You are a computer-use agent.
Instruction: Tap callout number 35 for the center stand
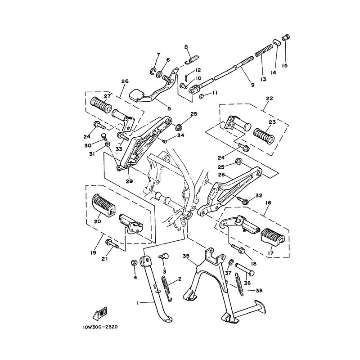pyautogui.click(x=185, y=255)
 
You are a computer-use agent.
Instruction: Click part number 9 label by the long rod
pyautogui.click(x=240, y=85)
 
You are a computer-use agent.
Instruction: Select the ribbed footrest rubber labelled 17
pyautogui.click(x=272, y=235)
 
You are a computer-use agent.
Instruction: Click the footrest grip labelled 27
pyautogui.click(x=103, y=107)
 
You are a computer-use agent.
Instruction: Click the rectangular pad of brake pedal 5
pyautogui.click(x=138, y=95)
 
